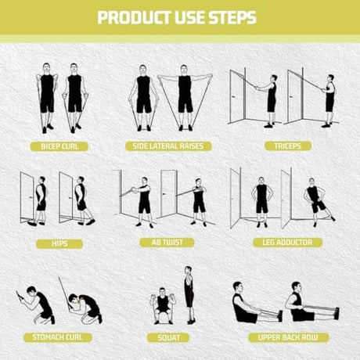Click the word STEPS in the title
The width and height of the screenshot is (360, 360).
coord(232,17)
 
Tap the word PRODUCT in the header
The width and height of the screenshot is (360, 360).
coord(134,17)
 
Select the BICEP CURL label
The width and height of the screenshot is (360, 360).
coord(59,146)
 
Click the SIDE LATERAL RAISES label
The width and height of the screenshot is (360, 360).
coord(168,146)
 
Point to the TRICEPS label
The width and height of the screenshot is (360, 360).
coord(288,146)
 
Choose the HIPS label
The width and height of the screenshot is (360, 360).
coord(59,244)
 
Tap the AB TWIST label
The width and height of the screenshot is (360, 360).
coord(167,243)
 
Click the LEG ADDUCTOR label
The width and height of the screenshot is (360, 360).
coord(287,243)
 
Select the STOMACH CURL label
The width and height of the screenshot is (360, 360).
coord(58,337)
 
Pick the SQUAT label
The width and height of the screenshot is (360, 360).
coord(168,338)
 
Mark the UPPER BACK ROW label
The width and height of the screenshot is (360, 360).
coord(288,337)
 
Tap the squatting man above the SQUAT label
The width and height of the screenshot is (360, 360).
coord(163,306)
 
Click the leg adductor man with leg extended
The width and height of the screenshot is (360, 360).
coord(319,202)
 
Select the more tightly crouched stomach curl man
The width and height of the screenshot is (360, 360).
coord(85,308)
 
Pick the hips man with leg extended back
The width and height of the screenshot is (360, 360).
coord(84,201)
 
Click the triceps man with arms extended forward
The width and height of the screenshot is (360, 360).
coord(268,101)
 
